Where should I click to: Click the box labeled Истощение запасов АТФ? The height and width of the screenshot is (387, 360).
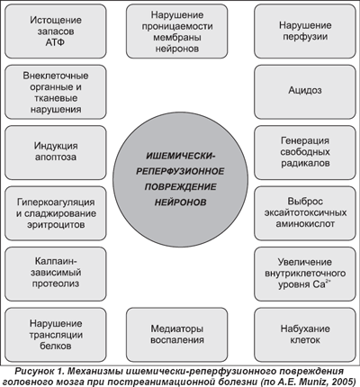click(56, 31)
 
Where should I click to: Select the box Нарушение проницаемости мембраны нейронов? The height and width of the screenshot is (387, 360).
click(176, 31)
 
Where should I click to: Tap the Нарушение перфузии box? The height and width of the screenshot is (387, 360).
click(305, 31)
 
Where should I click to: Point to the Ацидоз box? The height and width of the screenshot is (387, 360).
click(305, 92)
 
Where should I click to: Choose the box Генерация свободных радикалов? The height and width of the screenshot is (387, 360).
click(305, 152)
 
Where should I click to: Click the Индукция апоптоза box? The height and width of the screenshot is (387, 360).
click(56, 152)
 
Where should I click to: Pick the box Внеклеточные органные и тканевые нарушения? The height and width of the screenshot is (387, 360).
click(56, 92)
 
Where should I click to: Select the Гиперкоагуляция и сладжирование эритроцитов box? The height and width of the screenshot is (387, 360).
click(56, 213)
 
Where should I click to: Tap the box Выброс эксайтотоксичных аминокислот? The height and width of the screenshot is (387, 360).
click(305, 213)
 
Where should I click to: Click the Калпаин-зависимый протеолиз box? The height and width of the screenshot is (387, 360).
click(56, 274)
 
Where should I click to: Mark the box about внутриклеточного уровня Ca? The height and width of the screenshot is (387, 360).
click(305, 274)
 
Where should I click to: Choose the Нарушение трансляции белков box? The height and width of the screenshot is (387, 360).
click(56, 334)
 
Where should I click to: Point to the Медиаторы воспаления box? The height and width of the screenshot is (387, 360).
click(176, 334)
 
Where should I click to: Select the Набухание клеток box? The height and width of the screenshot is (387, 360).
click(305, 334)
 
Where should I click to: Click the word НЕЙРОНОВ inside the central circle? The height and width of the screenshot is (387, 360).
click(180, 202)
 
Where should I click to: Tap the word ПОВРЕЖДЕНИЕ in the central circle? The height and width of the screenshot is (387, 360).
click(180, 187)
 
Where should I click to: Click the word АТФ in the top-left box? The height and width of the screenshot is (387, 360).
click(55, 42)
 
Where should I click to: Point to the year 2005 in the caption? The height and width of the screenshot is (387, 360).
click(345, 382)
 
